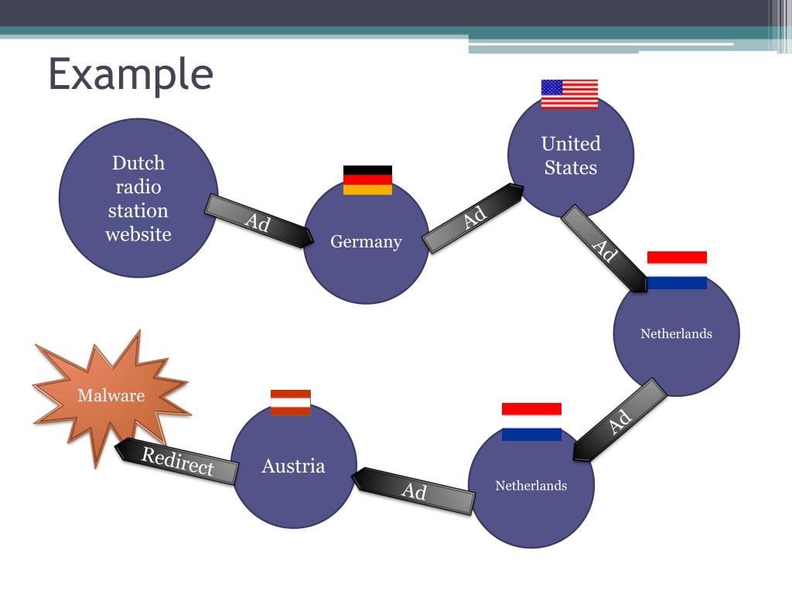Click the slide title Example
coord(131,75)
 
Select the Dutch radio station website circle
coord(138,198)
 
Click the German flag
coord(367,180)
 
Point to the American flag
coord(569,94)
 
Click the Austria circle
coord(294,472)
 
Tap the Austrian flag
coord(290,402)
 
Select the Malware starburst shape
coord(108,397)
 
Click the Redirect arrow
coord(176,462)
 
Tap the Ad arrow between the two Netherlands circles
coord(620,422)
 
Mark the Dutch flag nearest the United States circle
coord(677,270)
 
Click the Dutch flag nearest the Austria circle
coord(531,422)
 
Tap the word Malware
coord(111,396)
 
